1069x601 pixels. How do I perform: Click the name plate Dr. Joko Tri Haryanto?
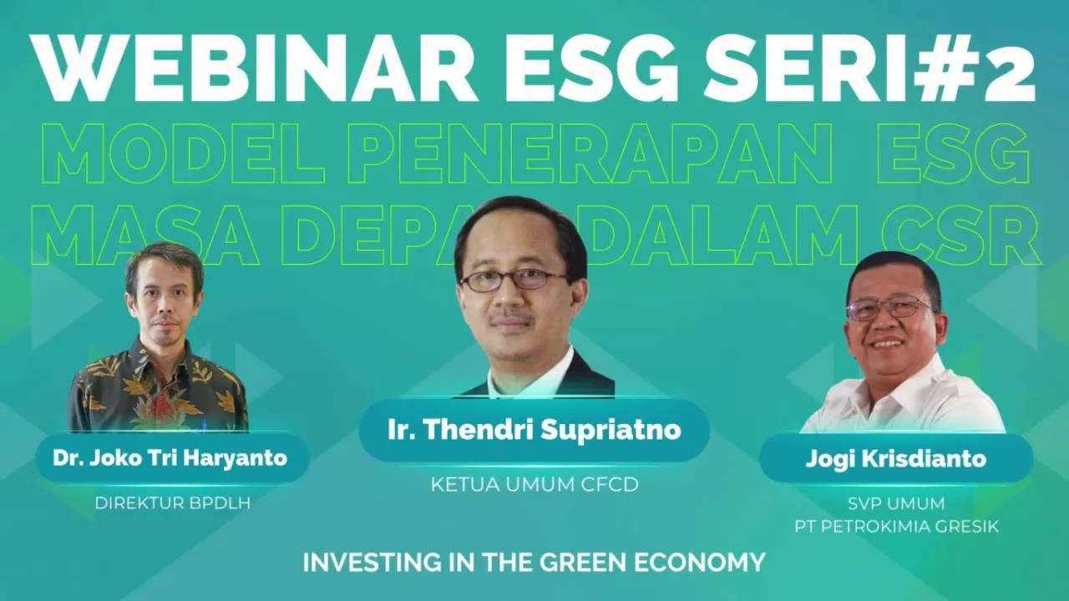click(170, 458)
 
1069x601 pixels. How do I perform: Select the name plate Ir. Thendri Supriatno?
click(534, 431)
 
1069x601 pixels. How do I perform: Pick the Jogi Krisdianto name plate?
click(895, 458)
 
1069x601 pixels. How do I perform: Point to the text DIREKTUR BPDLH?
click(172, 503)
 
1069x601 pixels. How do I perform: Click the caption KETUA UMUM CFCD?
click(534, 484)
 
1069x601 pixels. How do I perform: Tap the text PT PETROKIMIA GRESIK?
click(896, 527)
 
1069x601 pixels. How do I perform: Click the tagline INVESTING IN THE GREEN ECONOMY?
click(534, 562)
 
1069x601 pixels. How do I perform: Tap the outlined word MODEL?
click(184, 155)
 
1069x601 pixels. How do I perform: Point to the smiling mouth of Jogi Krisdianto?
click(887, 342)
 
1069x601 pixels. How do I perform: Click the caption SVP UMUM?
click(896, 504)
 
